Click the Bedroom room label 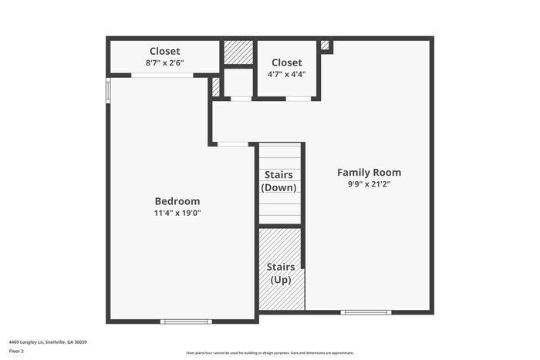click(177, 200)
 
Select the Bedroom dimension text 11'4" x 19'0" click(177, 213)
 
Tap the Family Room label click(369, 172)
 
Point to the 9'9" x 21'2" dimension click(369, 185)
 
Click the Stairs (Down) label click(278, 181)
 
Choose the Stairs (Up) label click(280, 273)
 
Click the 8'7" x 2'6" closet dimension click(164, 64)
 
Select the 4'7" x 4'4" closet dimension click(286, 75)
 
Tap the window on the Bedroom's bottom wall click(186, 321)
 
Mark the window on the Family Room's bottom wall click(366, 312)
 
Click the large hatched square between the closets click(238, 52)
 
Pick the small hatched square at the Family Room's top click(325, 45)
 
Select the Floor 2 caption click(16, 351)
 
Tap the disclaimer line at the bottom click(269, 352)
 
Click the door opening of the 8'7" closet click(162, 75)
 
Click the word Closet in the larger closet click(164, 51)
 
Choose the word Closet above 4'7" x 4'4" click(286, 62)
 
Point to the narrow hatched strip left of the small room click(215, 86)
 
